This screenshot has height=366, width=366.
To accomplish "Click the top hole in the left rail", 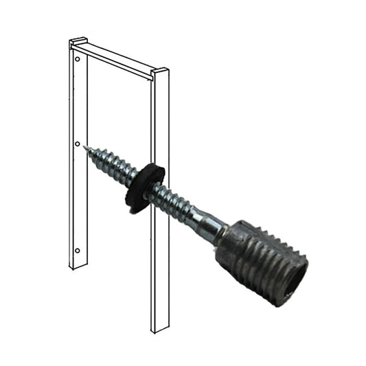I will click(x=77, y=60).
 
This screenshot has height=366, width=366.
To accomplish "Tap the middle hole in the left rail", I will click(x=77, y=144).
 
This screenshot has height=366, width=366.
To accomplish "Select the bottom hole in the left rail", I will click(x=77, y=250).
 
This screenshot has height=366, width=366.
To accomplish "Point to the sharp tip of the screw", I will click(x=85, y=147).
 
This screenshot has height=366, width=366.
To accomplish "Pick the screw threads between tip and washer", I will click(x=110, y=163).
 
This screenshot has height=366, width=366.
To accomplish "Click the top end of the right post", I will click(x=160, y=71).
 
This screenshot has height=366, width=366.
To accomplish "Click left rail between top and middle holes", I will click(x=77, y=103).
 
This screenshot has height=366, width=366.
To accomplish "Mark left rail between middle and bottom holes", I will click(x=77, y=199).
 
